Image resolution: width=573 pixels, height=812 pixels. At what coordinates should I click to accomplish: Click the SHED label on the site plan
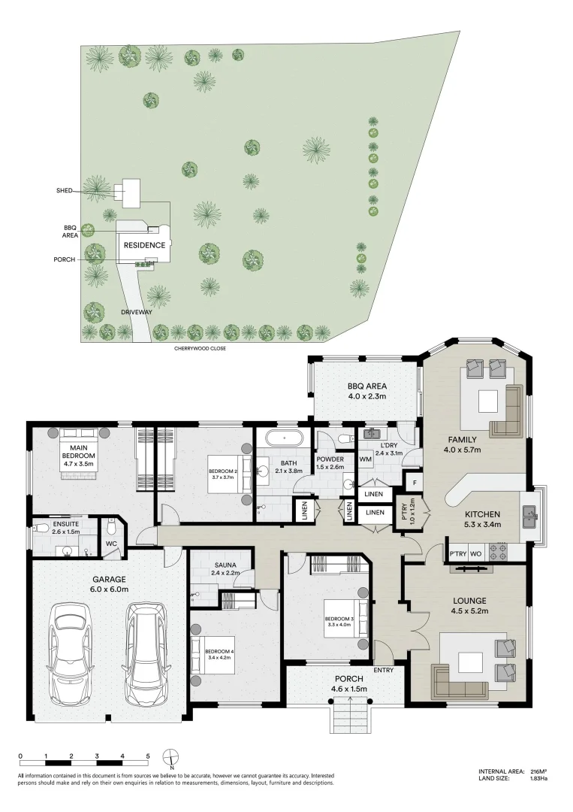click(64, 191)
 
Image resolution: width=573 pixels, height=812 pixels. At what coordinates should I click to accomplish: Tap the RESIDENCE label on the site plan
click(144, 245)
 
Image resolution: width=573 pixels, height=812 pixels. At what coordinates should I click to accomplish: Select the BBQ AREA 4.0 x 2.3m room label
click(366, 390)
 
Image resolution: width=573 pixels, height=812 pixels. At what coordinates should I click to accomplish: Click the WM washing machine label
click(366, 459)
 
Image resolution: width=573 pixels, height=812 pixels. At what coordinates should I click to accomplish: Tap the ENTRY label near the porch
click(383, 670)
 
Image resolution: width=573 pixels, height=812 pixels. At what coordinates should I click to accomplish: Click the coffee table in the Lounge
click(471, 662)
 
